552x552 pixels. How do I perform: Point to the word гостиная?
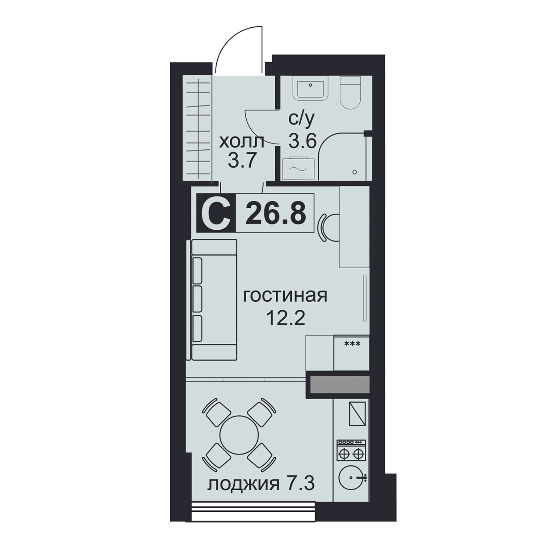point(285,296)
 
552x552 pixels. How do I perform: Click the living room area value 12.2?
point(285,318)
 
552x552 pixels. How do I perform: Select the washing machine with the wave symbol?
point(299,168)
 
